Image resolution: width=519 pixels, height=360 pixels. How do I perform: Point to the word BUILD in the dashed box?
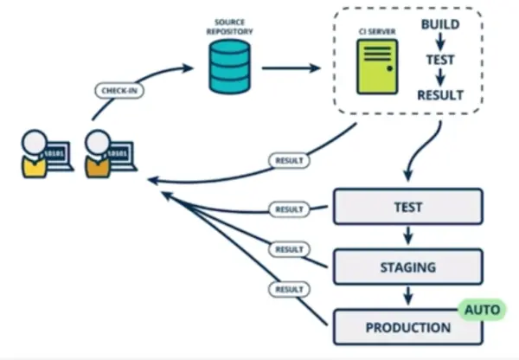(x=439, y=25)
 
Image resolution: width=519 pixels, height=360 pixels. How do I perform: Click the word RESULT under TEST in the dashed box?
(x=439, y=95)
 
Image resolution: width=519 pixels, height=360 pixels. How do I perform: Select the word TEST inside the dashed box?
(x=439, y=61)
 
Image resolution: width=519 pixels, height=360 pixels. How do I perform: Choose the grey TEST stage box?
(x=407, y=208)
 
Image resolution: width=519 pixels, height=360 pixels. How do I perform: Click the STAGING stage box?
(x=407, y=267)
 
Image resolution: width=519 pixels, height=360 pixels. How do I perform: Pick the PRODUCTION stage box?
(x=407, y=328)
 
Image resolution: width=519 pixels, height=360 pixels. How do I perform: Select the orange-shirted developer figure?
(x=99, y=154)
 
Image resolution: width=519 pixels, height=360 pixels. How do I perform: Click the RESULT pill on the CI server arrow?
(x=289, y=160)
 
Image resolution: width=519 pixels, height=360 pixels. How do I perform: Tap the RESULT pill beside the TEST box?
(x=287, y=209)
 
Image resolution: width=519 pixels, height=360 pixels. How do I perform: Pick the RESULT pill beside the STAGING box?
(x=287, y=249)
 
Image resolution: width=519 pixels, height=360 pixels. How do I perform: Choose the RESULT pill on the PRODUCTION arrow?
(x=287, y=289)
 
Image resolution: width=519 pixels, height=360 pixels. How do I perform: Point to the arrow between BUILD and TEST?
(x=439, y=43)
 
